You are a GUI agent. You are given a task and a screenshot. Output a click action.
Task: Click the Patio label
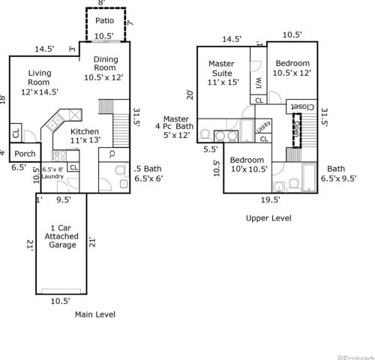point(103,21)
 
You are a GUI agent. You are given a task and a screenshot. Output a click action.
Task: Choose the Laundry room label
point(52,174)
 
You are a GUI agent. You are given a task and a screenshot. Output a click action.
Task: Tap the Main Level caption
point(95,315)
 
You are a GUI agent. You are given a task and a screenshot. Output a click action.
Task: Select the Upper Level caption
point(268,217)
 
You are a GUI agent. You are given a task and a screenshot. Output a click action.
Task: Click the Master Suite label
point(223,73)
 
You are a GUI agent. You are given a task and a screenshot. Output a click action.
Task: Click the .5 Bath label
point(147,172)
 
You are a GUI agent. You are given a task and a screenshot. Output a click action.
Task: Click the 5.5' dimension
point(210,149)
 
